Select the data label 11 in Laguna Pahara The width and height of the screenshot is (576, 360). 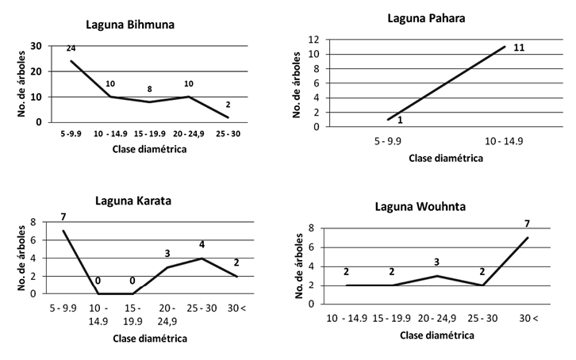519,47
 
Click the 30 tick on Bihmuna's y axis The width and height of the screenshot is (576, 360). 35,46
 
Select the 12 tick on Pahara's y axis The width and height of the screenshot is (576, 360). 314,40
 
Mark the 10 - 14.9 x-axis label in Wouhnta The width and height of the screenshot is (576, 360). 347,317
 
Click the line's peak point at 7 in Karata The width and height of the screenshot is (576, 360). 64,232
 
